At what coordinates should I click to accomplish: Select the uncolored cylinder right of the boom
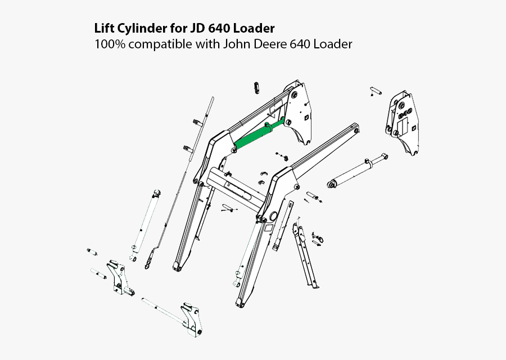pyautogui.click(x=358, y=171)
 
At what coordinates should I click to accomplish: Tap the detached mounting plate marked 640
pyautogui.click(x=403, y=120)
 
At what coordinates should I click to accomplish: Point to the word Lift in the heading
pyautogui.click(x=103, y=28)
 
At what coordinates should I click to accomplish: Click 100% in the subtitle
pyautogui.click(x=109, y=44)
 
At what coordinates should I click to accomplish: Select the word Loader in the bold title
pyautogui.click(x=256, y=28)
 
